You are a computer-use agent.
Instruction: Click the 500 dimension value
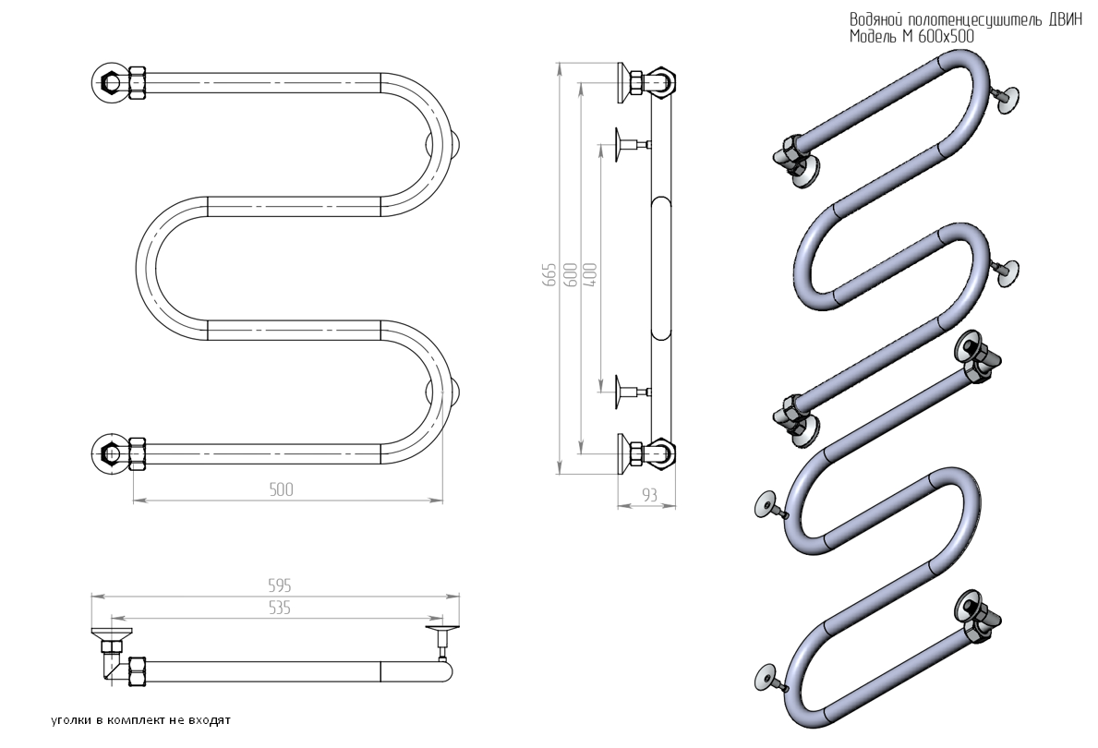tap(282, 489)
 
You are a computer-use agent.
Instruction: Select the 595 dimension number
tap(280, 585)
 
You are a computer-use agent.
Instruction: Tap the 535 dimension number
tap(280, 608)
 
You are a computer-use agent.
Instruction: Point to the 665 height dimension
tap(550, 274)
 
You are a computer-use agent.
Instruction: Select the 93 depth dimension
tap(649, 496)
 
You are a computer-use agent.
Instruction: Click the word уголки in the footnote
tap(70, 719)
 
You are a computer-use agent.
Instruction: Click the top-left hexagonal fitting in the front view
tap(110, 82)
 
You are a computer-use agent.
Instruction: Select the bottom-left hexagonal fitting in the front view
tap(110, 453)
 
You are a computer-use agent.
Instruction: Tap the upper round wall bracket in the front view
tap(445, 146)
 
